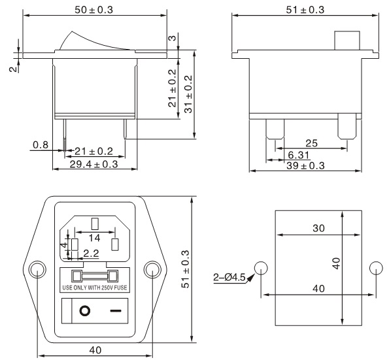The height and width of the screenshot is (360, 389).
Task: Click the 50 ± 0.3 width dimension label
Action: (x=93, y=10)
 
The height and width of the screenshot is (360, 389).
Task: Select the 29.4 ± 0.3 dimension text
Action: (x=93, y=165)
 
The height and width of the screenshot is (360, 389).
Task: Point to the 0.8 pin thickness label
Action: (x=41, y=145)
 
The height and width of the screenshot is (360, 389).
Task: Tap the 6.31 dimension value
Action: (x=299, y=155)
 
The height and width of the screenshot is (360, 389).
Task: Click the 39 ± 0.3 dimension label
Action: (x=305, y=165)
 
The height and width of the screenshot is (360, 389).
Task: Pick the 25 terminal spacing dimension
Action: (x=312, y=143)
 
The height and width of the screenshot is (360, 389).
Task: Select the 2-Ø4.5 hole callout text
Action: (x=229, y=277)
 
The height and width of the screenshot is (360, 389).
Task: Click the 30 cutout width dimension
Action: (x=318, y=228)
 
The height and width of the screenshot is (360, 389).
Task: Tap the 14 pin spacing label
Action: (x=95, y=238)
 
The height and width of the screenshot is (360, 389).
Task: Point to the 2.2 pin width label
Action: (x=91, y=253)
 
